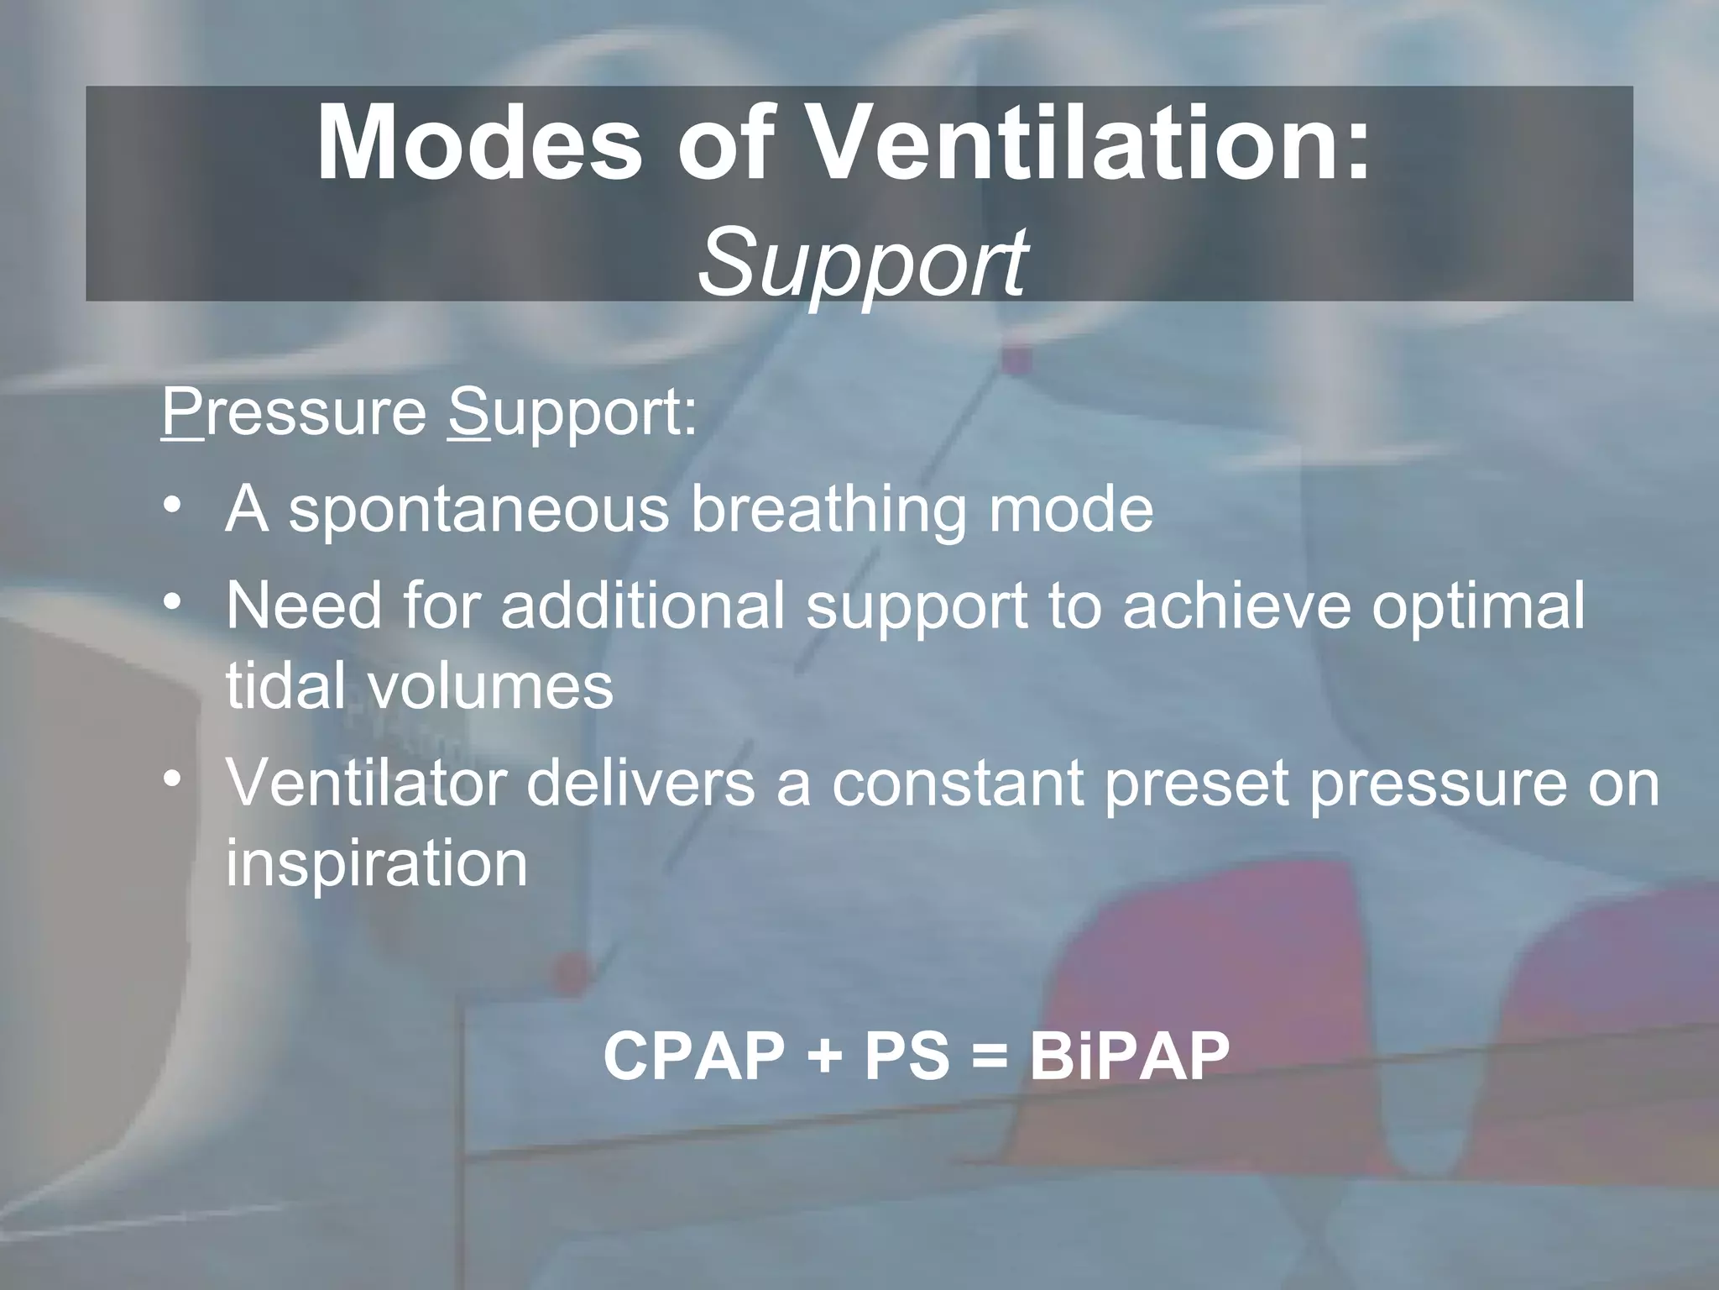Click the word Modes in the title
coord(478,144)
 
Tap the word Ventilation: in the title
coord(1091,144)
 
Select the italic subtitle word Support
coord(861,262)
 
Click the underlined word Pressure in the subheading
coord(294,413)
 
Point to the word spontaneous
coord(478,511)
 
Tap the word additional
coord(643,605)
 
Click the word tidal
coord(285,685)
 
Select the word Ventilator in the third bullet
coord(366,783)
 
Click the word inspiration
coord(376,863)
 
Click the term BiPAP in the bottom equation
coord(1129,1056)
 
